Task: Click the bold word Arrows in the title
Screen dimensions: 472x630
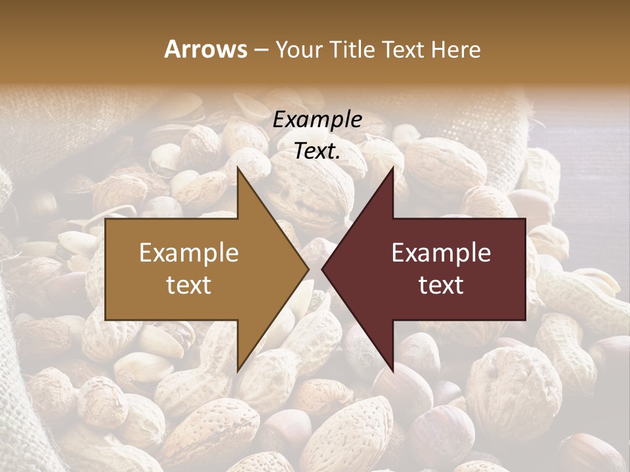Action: point(206,49)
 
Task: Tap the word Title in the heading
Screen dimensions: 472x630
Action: point(350,49)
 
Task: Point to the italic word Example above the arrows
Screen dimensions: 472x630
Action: point(317,119)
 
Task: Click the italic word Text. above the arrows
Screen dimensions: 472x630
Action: point(317,151)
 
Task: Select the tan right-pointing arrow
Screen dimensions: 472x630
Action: point(197,269)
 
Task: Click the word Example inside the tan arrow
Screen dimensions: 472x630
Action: point(189,253)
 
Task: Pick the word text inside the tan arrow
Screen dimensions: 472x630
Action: point(189,285)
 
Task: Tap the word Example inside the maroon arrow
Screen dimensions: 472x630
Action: point(441,253)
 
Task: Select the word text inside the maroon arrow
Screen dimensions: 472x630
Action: point(441,285)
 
